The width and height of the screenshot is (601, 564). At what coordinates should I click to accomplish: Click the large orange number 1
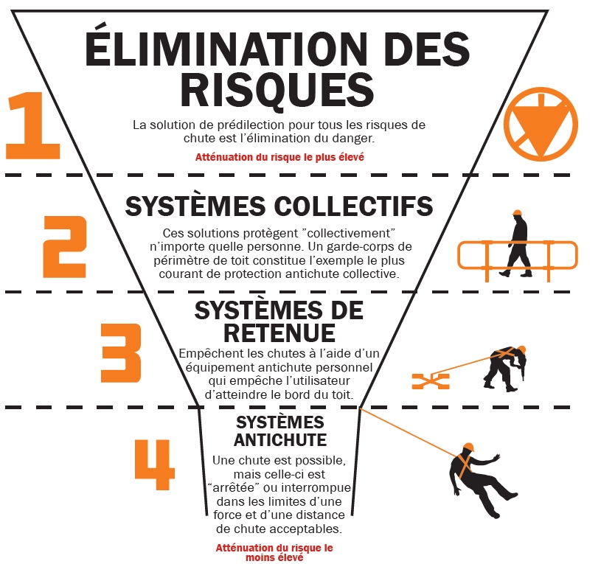point(33,125)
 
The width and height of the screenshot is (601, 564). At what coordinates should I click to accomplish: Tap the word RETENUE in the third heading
point(279,333)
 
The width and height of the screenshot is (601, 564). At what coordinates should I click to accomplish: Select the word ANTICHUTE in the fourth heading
point(280,440)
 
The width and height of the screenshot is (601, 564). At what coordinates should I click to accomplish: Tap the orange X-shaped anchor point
point(430,380)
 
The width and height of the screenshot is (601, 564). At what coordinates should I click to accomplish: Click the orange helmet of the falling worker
point(468,448)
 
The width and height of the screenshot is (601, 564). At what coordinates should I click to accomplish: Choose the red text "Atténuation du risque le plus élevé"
point(279,157)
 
